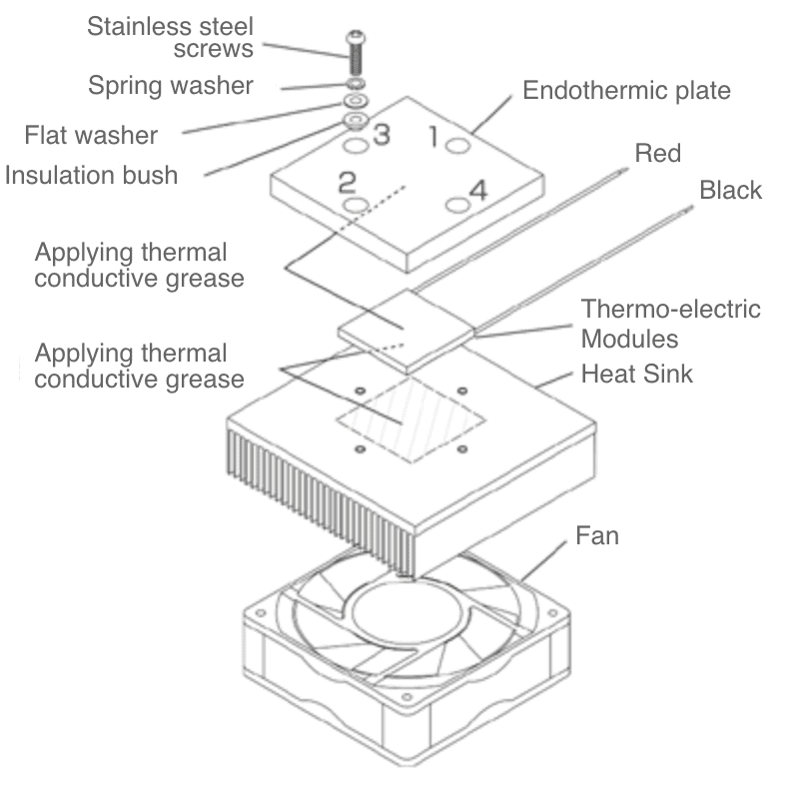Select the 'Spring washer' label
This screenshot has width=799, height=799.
pos(171,85)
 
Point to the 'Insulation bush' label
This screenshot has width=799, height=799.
pos(92,176)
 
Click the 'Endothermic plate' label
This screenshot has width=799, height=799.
pos(626,91)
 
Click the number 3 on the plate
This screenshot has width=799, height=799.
pos(381,134)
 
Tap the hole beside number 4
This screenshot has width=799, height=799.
pos(457,204)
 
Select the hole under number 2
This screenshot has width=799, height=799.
pos(356,205)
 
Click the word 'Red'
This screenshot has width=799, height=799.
pos(657,153)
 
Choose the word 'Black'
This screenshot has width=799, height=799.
pos(730,190)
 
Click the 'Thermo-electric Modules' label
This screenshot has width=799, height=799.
pos(670,323)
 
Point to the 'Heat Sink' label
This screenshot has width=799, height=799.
pos(636,375)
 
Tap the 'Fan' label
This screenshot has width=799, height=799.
pos(597,535)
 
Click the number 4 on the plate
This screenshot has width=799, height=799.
pos(478,190)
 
